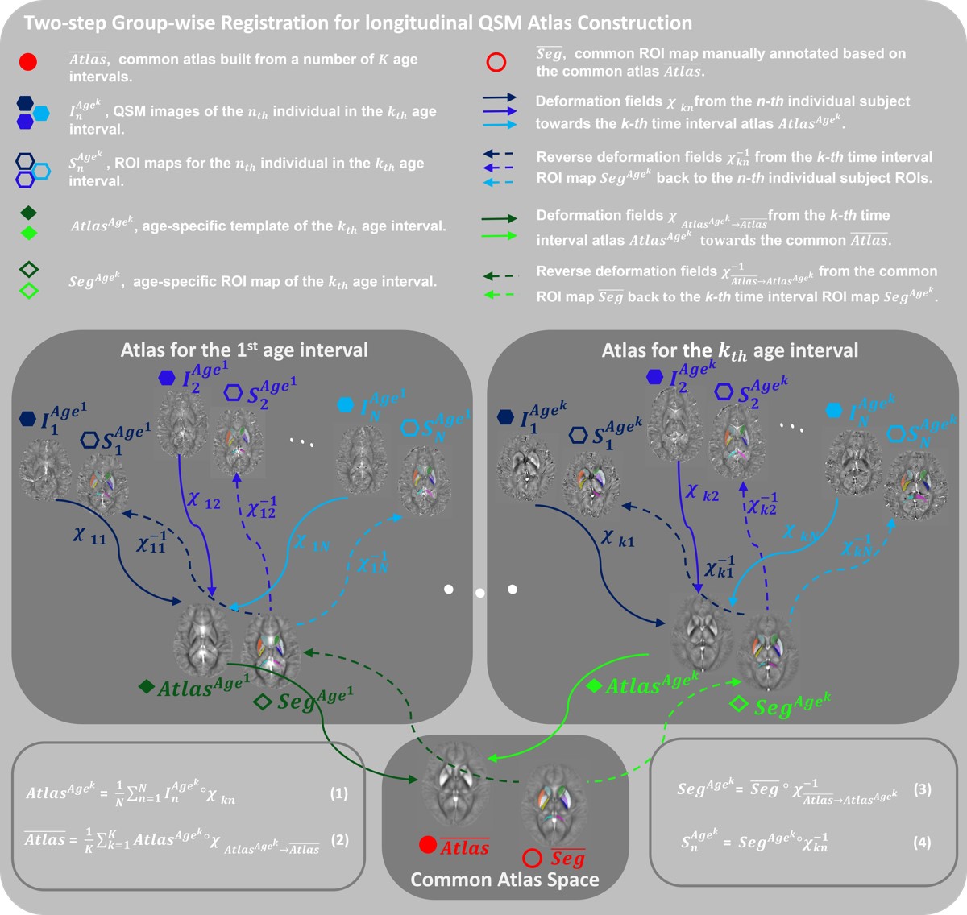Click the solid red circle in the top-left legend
pyautogui.click(x=27, y=62)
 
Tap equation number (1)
pyautogui.click(x=339, y=793)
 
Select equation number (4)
pyautogui.click(x=922, y=843)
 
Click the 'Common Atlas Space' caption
pyautogui.click(x=504, y=880)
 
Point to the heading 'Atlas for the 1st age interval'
pyautogui.click(x=244, y=350)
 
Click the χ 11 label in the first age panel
pyautogui.click(x=89, y=535)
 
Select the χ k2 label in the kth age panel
pyautogui.click(x=701, y=492)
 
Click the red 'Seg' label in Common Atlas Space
pyautogui.click(x=567, y=859)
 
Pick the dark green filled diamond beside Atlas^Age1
pyautogui.click(x=146, y=686)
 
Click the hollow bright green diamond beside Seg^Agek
pyautogui.click(x=738, y=704)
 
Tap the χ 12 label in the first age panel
pyautogui.click(x=203, y=501)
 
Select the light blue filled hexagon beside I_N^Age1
pyautogui.click(x=347, y=405)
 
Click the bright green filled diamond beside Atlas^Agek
pyautogui.click(x=594, y=686)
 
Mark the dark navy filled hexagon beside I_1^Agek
pyautogui.click(x=505, y=416)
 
